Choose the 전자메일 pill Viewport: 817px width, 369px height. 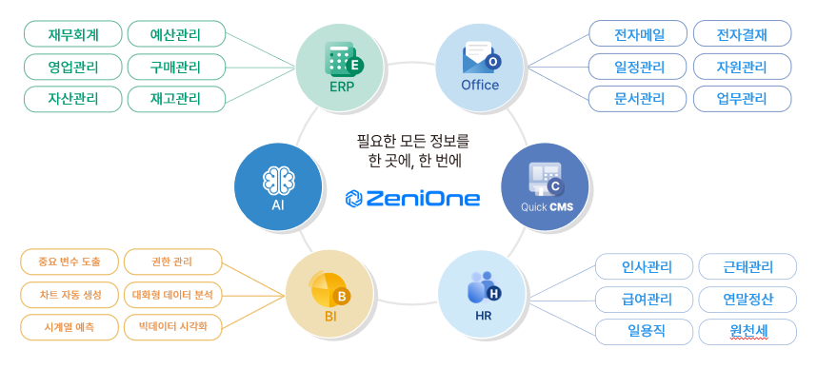[640, 35]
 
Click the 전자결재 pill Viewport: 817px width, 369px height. [743, 35]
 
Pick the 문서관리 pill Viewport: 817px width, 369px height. [640, 98]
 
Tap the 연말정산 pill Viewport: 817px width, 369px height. [748, 300]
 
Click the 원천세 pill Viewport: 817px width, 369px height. [748, 332]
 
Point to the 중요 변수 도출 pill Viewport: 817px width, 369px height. [68, 262]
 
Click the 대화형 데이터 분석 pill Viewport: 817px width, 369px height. [174, 294]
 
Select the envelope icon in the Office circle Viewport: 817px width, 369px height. [478, 59]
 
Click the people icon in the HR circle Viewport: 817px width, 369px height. [481, 288]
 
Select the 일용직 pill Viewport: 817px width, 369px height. [647, 332]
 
